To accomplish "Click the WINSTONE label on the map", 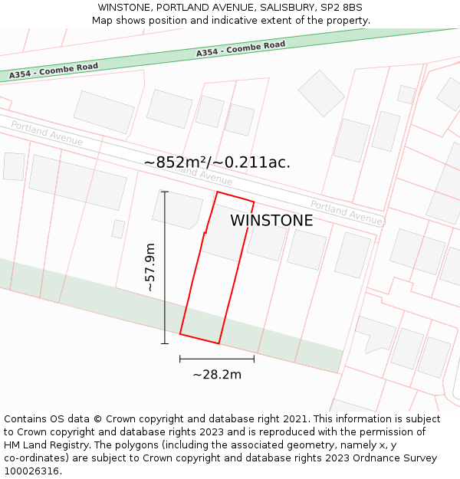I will tap(271, 221).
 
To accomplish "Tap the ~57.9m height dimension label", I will tap(150, 267).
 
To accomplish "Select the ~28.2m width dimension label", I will tap(217, 374).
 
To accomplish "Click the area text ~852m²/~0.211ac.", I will tap(217, 162).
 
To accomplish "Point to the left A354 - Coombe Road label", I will tap(54, 71).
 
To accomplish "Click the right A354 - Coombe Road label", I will tap(241, 49).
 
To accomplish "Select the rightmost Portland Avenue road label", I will tap(346, 212).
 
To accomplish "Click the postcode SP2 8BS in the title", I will tap(342, 8).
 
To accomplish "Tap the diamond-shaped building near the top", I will tap(321, 93).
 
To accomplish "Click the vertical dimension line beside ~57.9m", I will tap(165, 267).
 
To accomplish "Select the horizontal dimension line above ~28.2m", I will tap(217, 358).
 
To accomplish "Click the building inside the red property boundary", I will tap(223, 233).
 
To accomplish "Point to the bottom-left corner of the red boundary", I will tap(180, 333).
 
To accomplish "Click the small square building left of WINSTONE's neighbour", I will tap(118, 228).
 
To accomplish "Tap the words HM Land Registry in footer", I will tap(43, 445).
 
